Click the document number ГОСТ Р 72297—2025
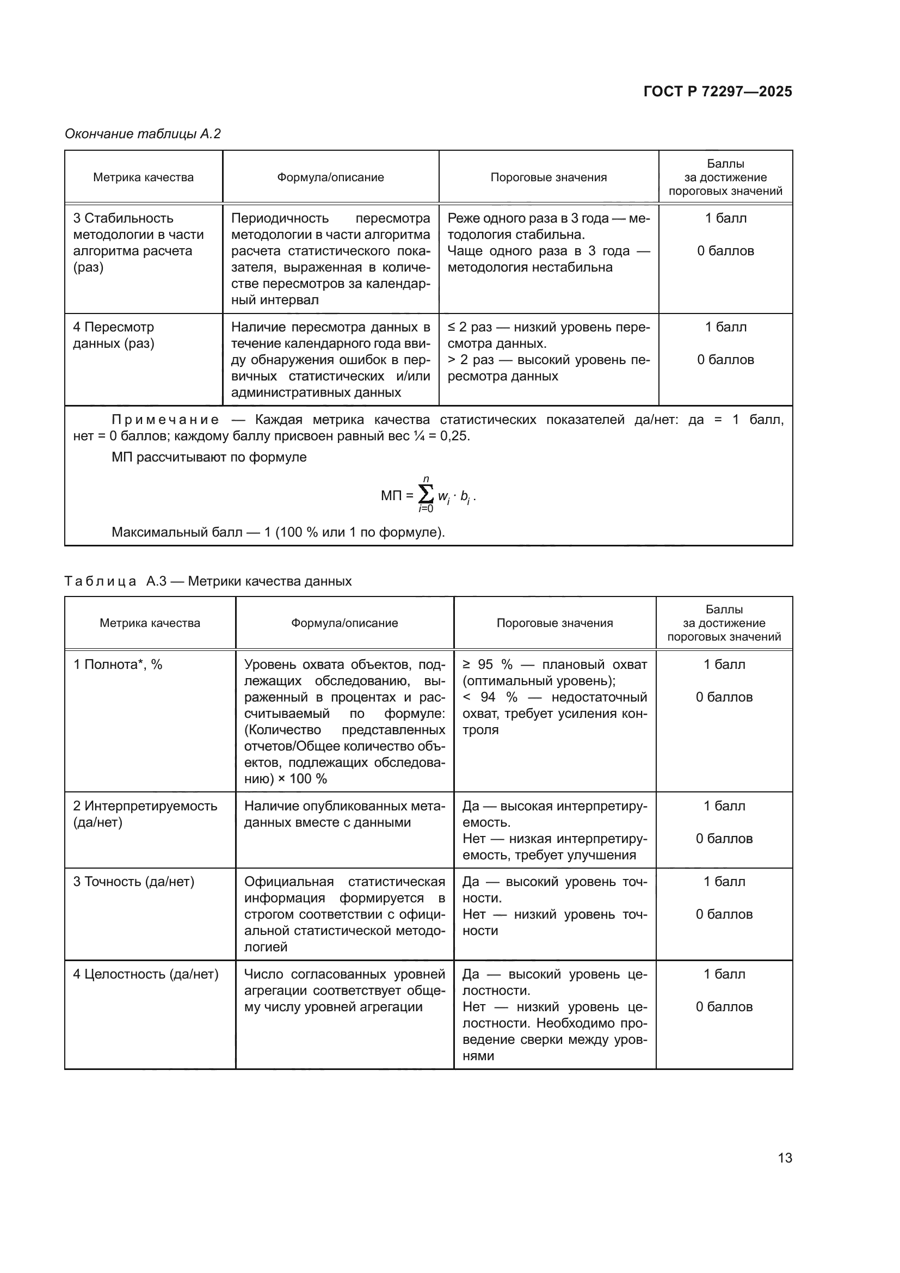718,91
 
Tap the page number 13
785,1158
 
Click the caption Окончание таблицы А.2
143,134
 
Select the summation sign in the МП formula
426,494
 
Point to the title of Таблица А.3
208,581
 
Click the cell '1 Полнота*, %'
118,664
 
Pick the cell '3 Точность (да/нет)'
133,882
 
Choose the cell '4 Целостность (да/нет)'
146,974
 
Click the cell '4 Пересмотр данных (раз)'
114,335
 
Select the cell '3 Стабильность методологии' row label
138,242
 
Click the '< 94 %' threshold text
490,697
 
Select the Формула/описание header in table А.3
344,623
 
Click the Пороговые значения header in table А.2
548,177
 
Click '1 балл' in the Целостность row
724,974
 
